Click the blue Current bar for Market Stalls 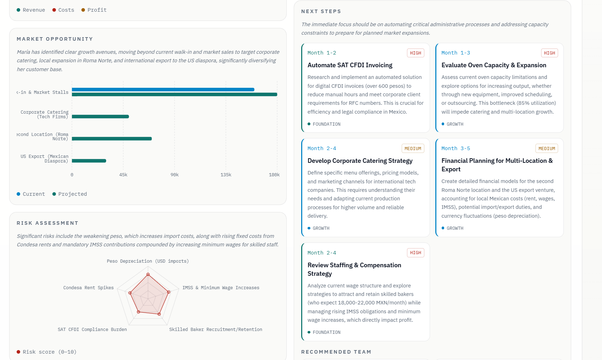pos(163,90)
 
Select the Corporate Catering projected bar pos(100,117)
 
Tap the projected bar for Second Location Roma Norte pos(112,139)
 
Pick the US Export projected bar pos(89,161)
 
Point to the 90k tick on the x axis pos(174,175)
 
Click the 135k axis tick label pos(226,175)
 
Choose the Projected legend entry pos(70,194)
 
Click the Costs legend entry pos(63,10)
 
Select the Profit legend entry pos(94,10)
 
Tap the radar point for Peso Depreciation pos(148,274)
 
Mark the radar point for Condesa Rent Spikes pos(130,293)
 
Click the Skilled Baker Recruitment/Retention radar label pos(216,330)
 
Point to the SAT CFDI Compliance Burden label pos(92,330)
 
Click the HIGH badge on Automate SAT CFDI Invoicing pos(415,53)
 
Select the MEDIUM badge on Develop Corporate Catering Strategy pos(413,148)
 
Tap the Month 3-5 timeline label pos(456,148)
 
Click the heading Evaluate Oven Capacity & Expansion pos(494,65)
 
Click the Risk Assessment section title pos(47,223)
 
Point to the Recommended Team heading pos(336,352)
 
